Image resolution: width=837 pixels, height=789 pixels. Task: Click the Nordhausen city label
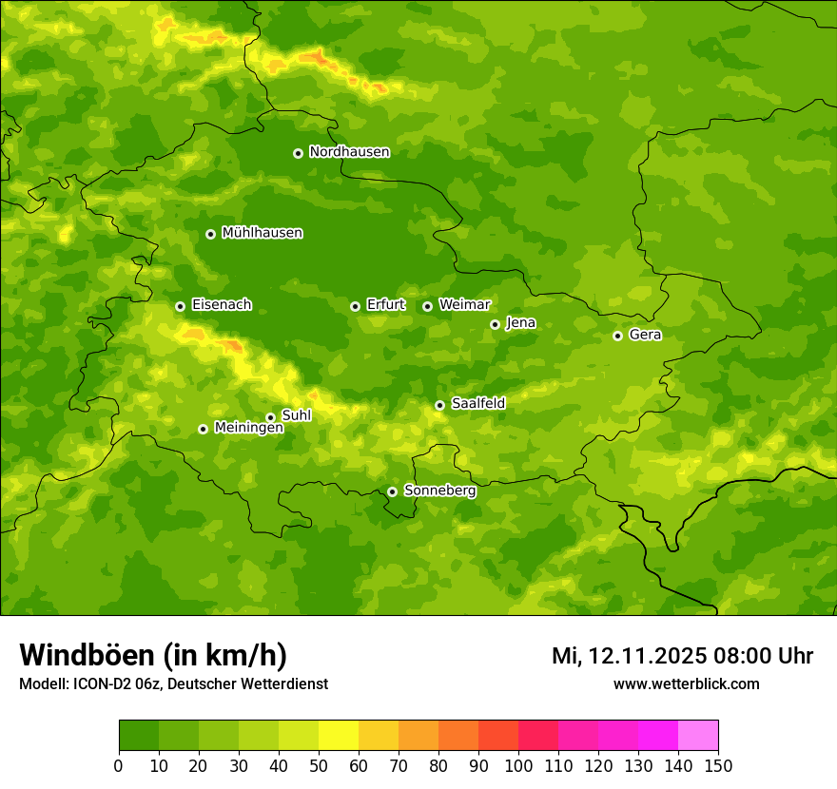(349, 152)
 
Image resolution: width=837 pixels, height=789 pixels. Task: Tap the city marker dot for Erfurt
(355, 306)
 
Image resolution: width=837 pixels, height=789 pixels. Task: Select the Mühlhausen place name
(262, 233)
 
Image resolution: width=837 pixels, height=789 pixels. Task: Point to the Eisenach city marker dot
(180, 306)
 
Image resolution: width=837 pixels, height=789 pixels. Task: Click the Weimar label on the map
(464, 305)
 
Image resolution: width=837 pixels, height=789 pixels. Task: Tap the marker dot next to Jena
(495, 324)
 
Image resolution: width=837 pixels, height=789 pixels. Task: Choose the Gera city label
(645, 335)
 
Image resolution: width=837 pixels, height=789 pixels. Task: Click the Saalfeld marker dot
(439, 405)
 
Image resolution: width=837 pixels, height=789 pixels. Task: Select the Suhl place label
(296, 415)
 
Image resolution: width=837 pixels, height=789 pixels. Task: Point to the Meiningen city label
(248, 428)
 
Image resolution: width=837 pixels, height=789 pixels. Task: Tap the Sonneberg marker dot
(392, 491)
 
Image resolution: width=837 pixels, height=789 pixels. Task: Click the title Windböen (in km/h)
(153, 656)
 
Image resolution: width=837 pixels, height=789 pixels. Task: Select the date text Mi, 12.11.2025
(627, 656)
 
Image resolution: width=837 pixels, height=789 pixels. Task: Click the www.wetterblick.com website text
(686, 683)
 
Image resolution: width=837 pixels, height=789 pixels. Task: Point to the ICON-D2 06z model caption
(173, 683)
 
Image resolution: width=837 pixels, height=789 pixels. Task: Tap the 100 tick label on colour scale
(518, 765)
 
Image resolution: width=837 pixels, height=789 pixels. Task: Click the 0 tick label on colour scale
(119, 765)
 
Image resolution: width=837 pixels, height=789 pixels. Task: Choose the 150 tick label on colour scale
(718, 765)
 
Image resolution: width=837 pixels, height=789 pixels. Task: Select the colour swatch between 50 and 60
(339, 736)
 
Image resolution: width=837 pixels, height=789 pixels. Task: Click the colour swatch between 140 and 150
(698, 736)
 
